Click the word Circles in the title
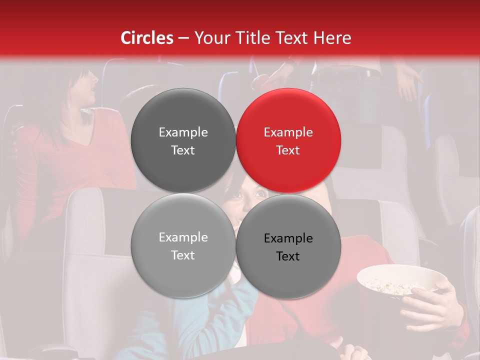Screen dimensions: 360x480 point(147,38)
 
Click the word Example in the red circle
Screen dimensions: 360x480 point(288,132)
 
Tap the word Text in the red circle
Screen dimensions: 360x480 point(288,150)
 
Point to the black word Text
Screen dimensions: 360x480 point(288,256)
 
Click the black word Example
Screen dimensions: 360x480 point(288,238)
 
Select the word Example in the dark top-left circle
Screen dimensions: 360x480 point(183,132)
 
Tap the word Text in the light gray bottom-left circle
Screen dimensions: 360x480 point(183,255)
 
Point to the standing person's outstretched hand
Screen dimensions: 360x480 point(407,82)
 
